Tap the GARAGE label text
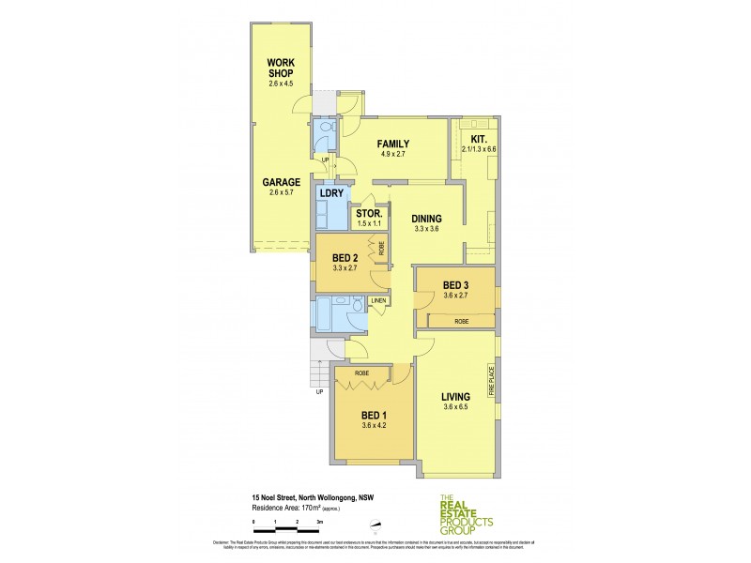(281, 182)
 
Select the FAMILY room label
(393, 144)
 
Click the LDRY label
(330, 193)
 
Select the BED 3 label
(455, 284)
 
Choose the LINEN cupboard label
(379, 300)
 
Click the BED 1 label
(373, 414)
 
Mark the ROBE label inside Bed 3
(460, 322)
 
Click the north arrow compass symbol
(375, 525)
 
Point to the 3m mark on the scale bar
(319, 519)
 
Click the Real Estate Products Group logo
(467, 516)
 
